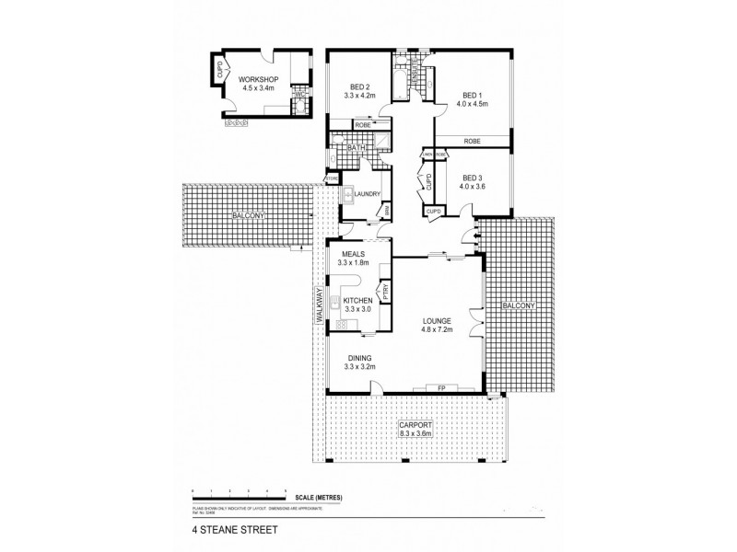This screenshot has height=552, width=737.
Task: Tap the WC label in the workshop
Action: [298, 92]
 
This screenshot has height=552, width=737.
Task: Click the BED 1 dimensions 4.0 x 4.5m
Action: [470, 104]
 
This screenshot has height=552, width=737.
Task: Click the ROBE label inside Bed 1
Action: [472, 141]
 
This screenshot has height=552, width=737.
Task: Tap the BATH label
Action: [355, 147]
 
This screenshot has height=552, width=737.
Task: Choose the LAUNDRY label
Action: [369, 193]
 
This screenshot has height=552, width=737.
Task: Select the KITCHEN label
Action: [357, 301]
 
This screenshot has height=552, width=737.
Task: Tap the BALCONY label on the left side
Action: [244, 215]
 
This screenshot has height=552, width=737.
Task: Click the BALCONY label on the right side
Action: [516, 304]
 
